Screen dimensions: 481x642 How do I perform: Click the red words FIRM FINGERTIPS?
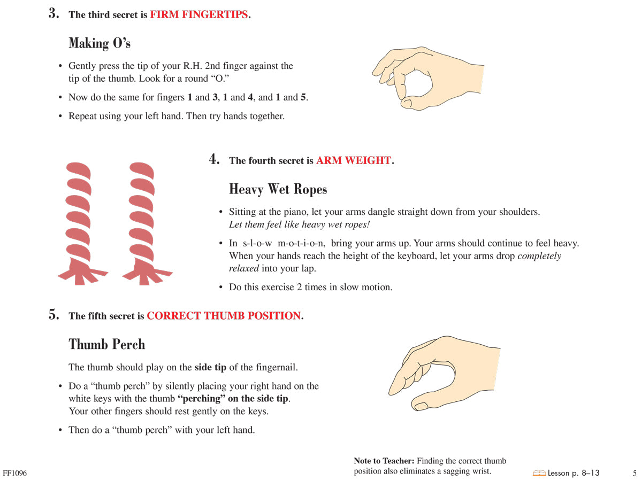(x=199, y=15)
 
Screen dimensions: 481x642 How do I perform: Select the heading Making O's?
(x=100, y=43)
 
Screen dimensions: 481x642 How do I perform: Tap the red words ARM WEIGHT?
(x=353, y=161)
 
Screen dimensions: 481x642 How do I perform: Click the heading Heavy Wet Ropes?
(x=278, y=189)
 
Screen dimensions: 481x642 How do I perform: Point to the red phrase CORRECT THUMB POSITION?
(x=224, y=316)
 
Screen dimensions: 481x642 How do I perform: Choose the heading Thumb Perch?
(x=106, y=344)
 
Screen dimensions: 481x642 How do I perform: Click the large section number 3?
(x=53, y=14)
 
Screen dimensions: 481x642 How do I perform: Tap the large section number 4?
(x=214, y=159)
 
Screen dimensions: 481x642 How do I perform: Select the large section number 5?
(x=53, y=315)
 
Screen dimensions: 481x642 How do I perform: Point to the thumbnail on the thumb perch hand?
(x=422, y=407)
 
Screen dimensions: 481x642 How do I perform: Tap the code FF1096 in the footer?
(x=14, y=474)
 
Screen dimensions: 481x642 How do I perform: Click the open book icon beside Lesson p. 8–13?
(x=539, y=473)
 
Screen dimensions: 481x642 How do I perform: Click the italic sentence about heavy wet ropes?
(x=300, y=224)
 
